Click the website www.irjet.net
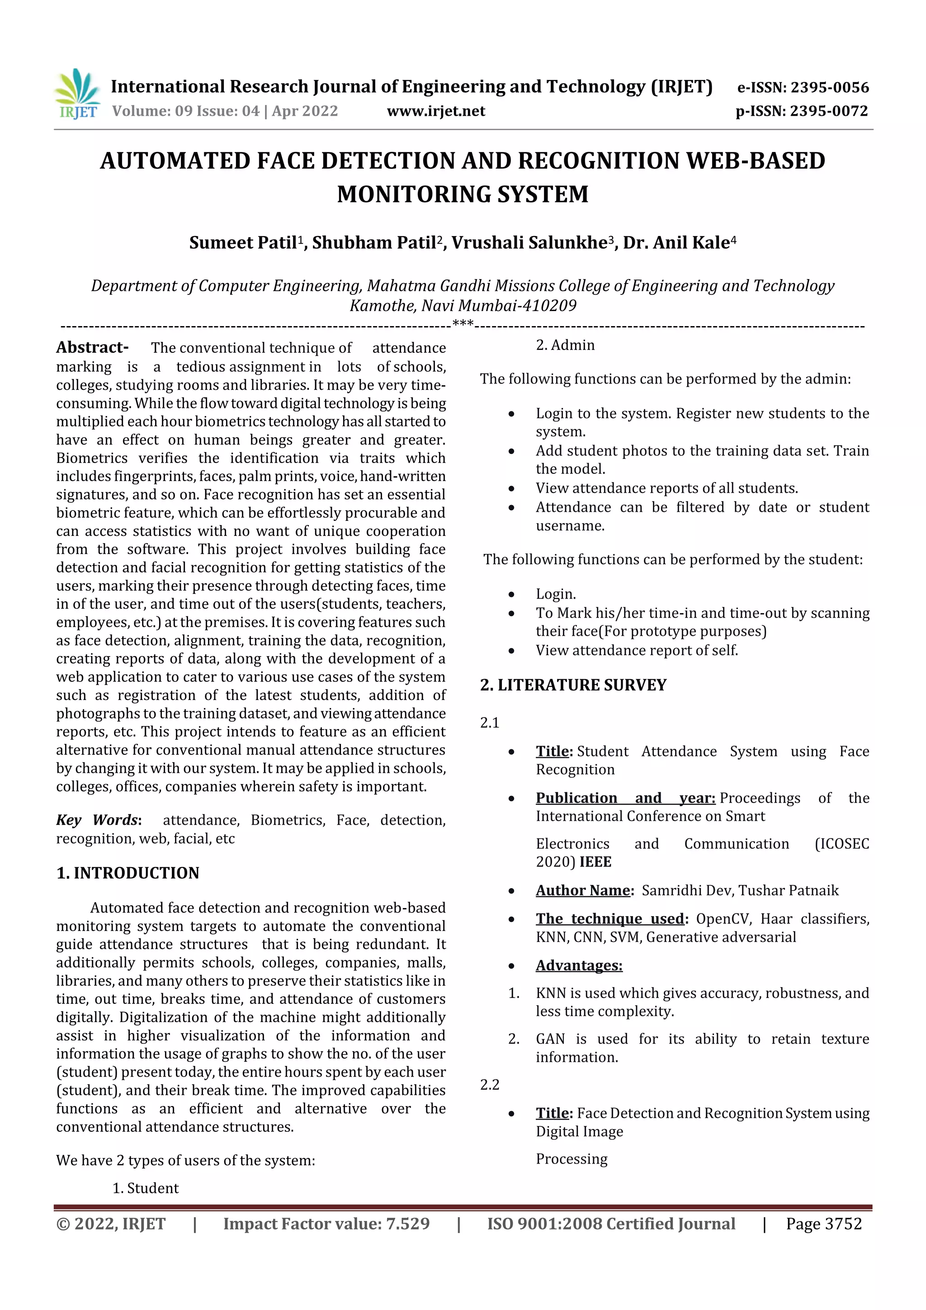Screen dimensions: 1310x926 pyautogui.click(x=436, y=111)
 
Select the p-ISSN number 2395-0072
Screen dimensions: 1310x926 pyautogui.click(x=828, y=111)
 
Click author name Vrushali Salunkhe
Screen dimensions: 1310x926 pyautogui.click(x=529, y=243)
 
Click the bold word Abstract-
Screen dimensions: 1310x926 pyautogui.click(x=92, y=347)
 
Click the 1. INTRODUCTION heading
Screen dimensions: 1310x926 pyautogui.click(x=128, y=873)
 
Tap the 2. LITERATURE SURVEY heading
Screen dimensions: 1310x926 pyautogui.click(x=573, y=685)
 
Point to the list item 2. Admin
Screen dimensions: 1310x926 pyautogui.click(x=565, y=345)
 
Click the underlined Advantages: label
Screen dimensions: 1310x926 pyautogui.click(x=579, y=965)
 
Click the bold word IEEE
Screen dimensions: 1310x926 pyautogui.click(x=595, y=861)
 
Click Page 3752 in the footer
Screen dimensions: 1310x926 pyautogui.click(x=823, y=1224)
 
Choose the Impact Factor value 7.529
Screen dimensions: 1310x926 pyautogui.click(x=407, y=1224)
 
